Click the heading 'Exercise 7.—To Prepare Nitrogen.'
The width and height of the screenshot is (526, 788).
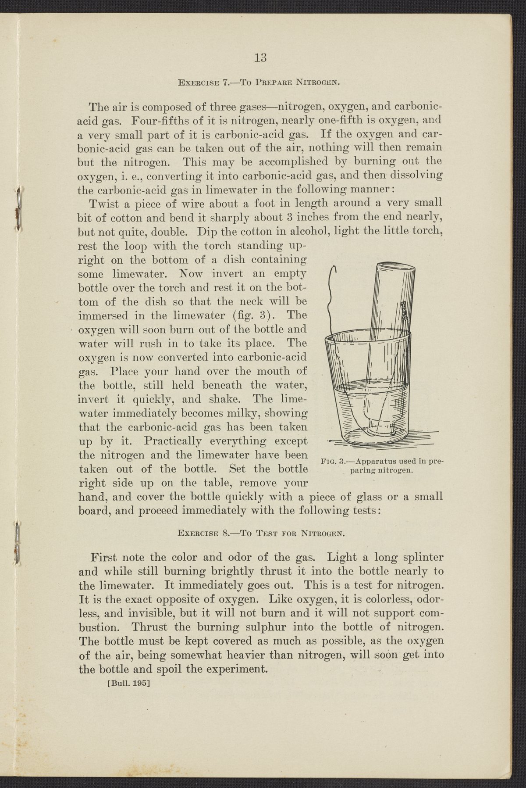pyautogui.click(x=260, y=82)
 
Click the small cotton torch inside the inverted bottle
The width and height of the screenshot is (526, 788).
pyautogui.click(x=402, y=311)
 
